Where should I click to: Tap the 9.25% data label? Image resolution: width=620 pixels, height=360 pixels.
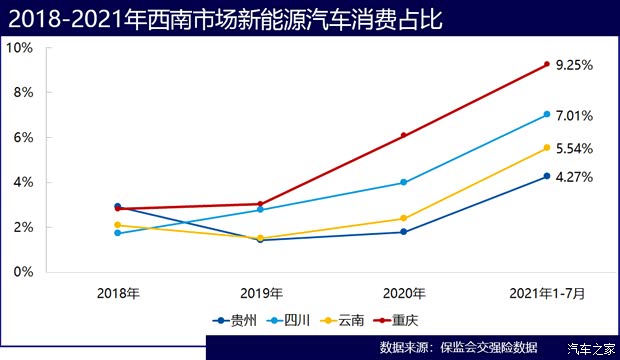point(575,65)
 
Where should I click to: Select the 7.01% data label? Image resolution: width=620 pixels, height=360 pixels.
point(575,116)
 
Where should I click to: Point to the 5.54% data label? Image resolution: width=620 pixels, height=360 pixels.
point(575,148)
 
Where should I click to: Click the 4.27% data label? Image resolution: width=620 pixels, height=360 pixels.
point(575,177)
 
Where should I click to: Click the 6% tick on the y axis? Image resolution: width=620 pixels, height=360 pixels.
point(23,137)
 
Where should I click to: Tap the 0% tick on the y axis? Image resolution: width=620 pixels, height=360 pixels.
point(23,272)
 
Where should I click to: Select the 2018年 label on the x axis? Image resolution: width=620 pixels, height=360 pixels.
point(118,294)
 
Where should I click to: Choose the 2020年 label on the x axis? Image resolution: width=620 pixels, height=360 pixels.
point(404,294)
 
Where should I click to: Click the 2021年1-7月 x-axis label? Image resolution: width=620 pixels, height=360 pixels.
point(547,294)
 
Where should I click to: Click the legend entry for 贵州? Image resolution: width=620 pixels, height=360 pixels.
point(235,320)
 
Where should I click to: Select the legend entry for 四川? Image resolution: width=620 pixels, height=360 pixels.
point(289,320)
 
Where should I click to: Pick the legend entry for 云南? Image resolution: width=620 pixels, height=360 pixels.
point(343,320)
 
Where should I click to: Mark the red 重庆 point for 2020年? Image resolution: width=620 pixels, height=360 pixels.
point(404,135)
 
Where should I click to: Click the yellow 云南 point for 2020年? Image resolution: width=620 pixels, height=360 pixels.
point(404,218)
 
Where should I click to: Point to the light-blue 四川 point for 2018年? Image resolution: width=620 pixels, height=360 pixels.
point(118,232)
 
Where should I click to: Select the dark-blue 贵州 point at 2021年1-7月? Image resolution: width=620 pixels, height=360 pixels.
point(547,176)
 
